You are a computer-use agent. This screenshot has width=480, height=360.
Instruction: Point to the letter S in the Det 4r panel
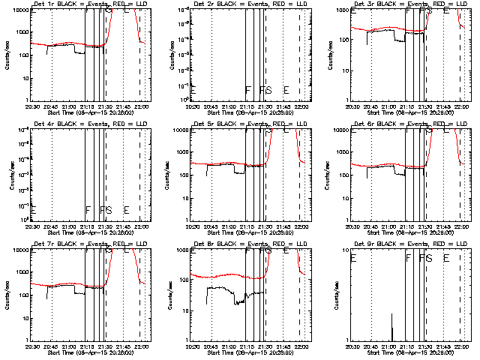tap(108, 210)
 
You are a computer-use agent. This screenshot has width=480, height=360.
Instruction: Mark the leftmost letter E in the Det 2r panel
tap(193, 90)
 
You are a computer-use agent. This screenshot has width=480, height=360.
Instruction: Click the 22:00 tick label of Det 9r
tap(459, 347)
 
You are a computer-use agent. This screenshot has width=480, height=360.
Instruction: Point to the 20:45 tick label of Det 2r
tap(211, 107)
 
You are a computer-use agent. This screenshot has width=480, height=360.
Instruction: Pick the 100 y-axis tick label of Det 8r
tap(184, 295)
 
